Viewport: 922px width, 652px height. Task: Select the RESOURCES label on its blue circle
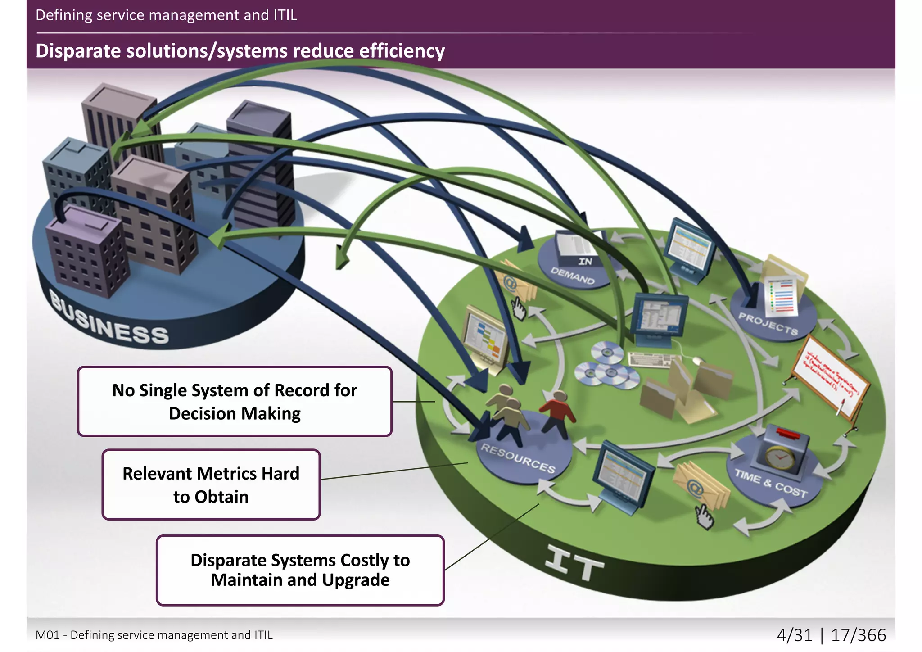[x=518, y=458]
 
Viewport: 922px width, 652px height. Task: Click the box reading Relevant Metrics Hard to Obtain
[x=211, y=484]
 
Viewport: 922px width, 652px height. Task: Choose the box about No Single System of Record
[x=234, y=401]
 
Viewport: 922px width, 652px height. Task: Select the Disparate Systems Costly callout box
[x=300, y=570]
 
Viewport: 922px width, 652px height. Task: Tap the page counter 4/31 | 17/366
[x=831, y=635]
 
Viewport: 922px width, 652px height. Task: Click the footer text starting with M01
[x=154, y=635]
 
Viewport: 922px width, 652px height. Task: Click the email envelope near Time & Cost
[x=700, y=486]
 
